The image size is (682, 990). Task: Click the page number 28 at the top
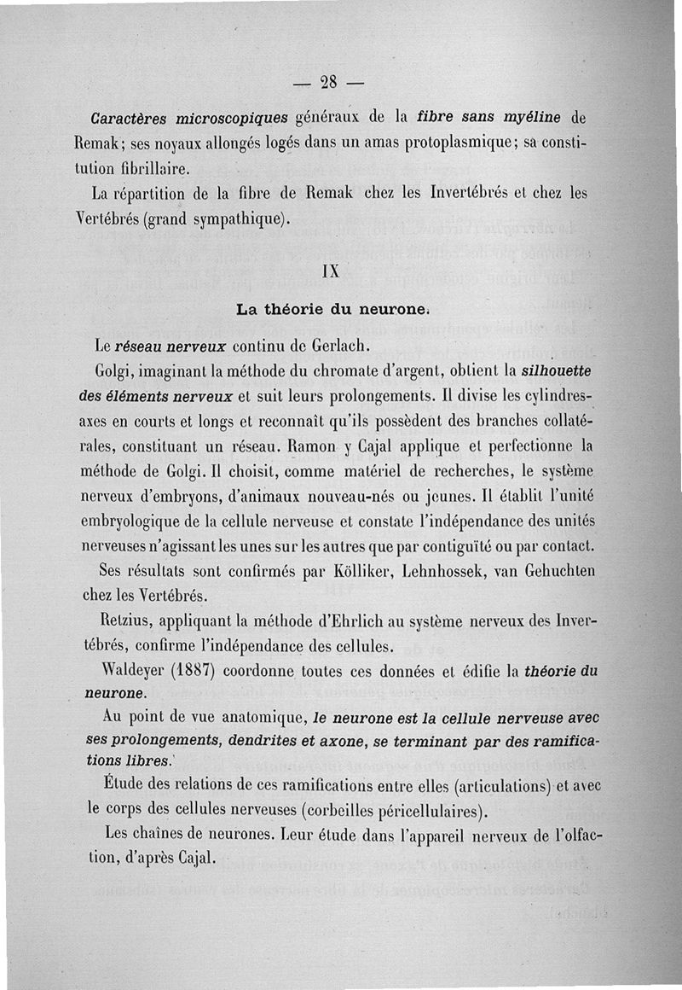[328, 82]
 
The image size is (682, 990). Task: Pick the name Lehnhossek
[490, 570]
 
